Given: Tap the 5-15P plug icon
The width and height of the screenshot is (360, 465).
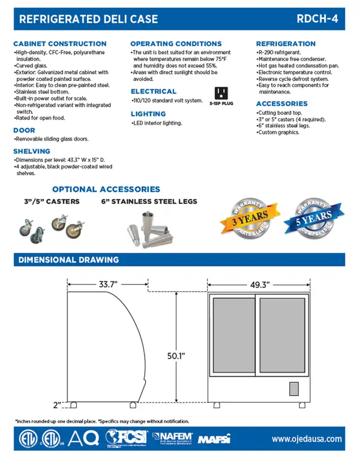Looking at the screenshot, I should click(x=222, y=93).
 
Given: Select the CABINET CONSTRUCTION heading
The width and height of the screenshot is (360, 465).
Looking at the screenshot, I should click(x=60, y=43).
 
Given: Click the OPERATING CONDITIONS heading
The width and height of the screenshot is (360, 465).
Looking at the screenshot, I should click(x=176, y=43).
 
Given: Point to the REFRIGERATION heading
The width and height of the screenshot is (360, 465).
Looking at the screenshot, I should click(x=286, y=43).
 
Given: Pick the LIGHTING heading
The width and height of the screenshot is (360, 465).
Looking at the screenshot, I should click(x=148, y=114).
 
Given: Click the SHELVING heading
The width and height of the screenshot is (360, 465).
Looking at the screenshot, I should click(x=31, y=151).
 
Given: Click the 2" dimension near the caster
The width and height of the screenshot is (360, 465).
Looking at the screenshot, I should click(x=57, y=404).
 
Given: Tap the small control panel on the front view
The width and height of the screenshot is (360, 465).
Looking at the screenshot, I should click(x=294, y=388).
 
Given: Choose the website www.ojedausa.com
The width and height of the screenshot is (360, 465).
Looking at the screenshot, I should click(x=307, y=439).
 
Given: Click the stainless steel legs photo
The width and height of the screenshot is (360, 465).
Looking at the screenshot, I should click(x=151, y=229).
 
